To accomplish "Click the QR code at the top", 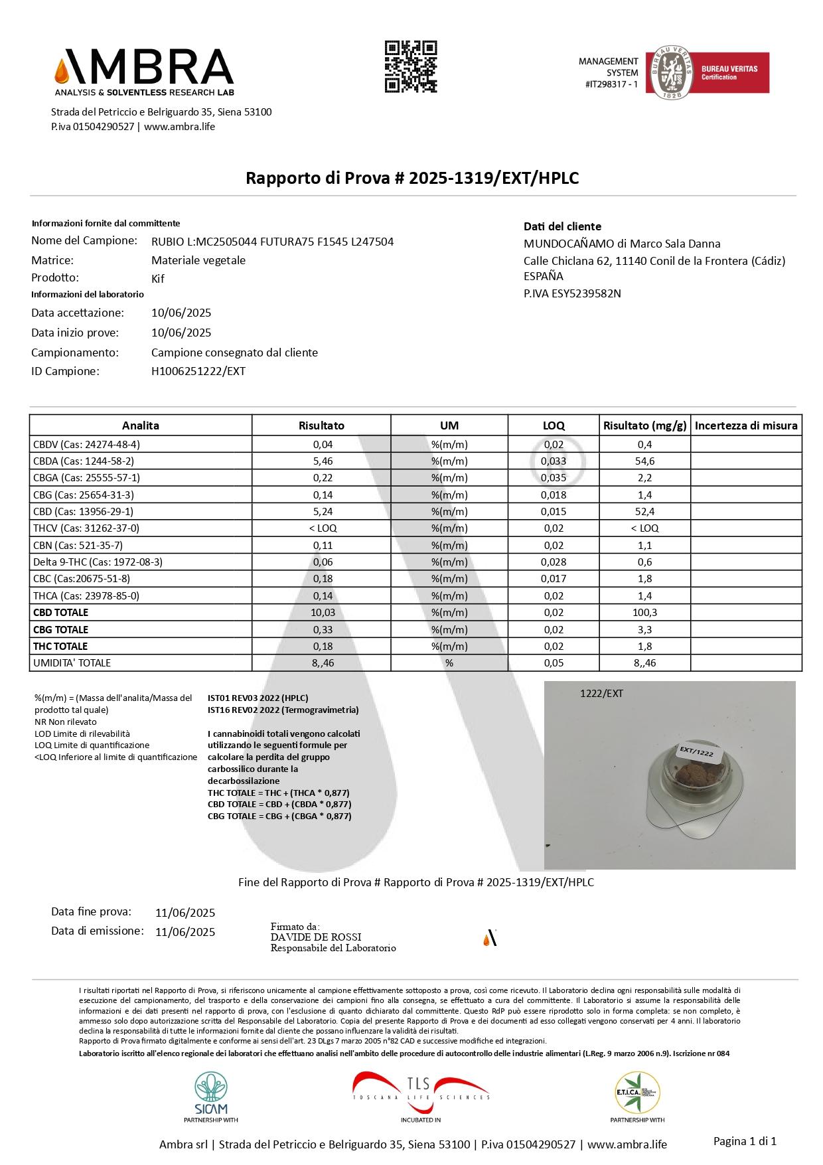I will (411, 66).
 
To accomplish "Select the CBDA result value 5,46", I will (322, 461).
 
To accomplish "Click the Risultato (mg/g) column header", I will (644, 426).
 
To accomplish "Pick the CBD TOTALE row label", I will (60, 612).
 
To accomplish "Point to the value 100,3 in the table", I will (644, 612).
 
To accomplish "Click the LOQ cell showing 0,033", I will (554, 461).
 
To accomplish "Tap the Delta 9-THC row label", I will (98, 562).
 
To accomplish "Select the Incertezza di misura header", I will (746, 426).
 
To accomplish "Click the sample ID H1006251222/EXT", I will (198, 371).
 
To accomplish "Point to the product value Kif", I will (158, 278).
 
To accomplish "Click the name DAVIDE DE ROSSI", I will (316, 937).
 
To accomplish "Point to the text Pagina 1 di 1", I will (744, 1141).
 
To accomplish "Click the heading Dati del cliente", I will (562, 226).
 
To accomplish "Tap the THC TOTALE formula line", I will (278, 793).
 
